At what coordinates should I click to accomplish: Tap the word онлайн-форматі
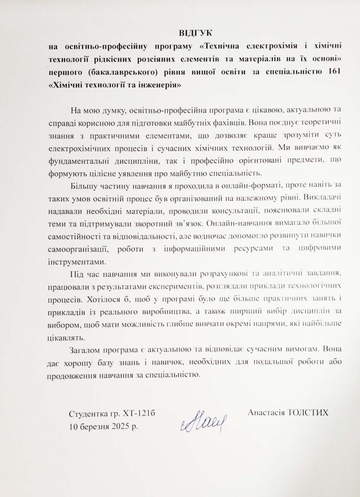(219, 186)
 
